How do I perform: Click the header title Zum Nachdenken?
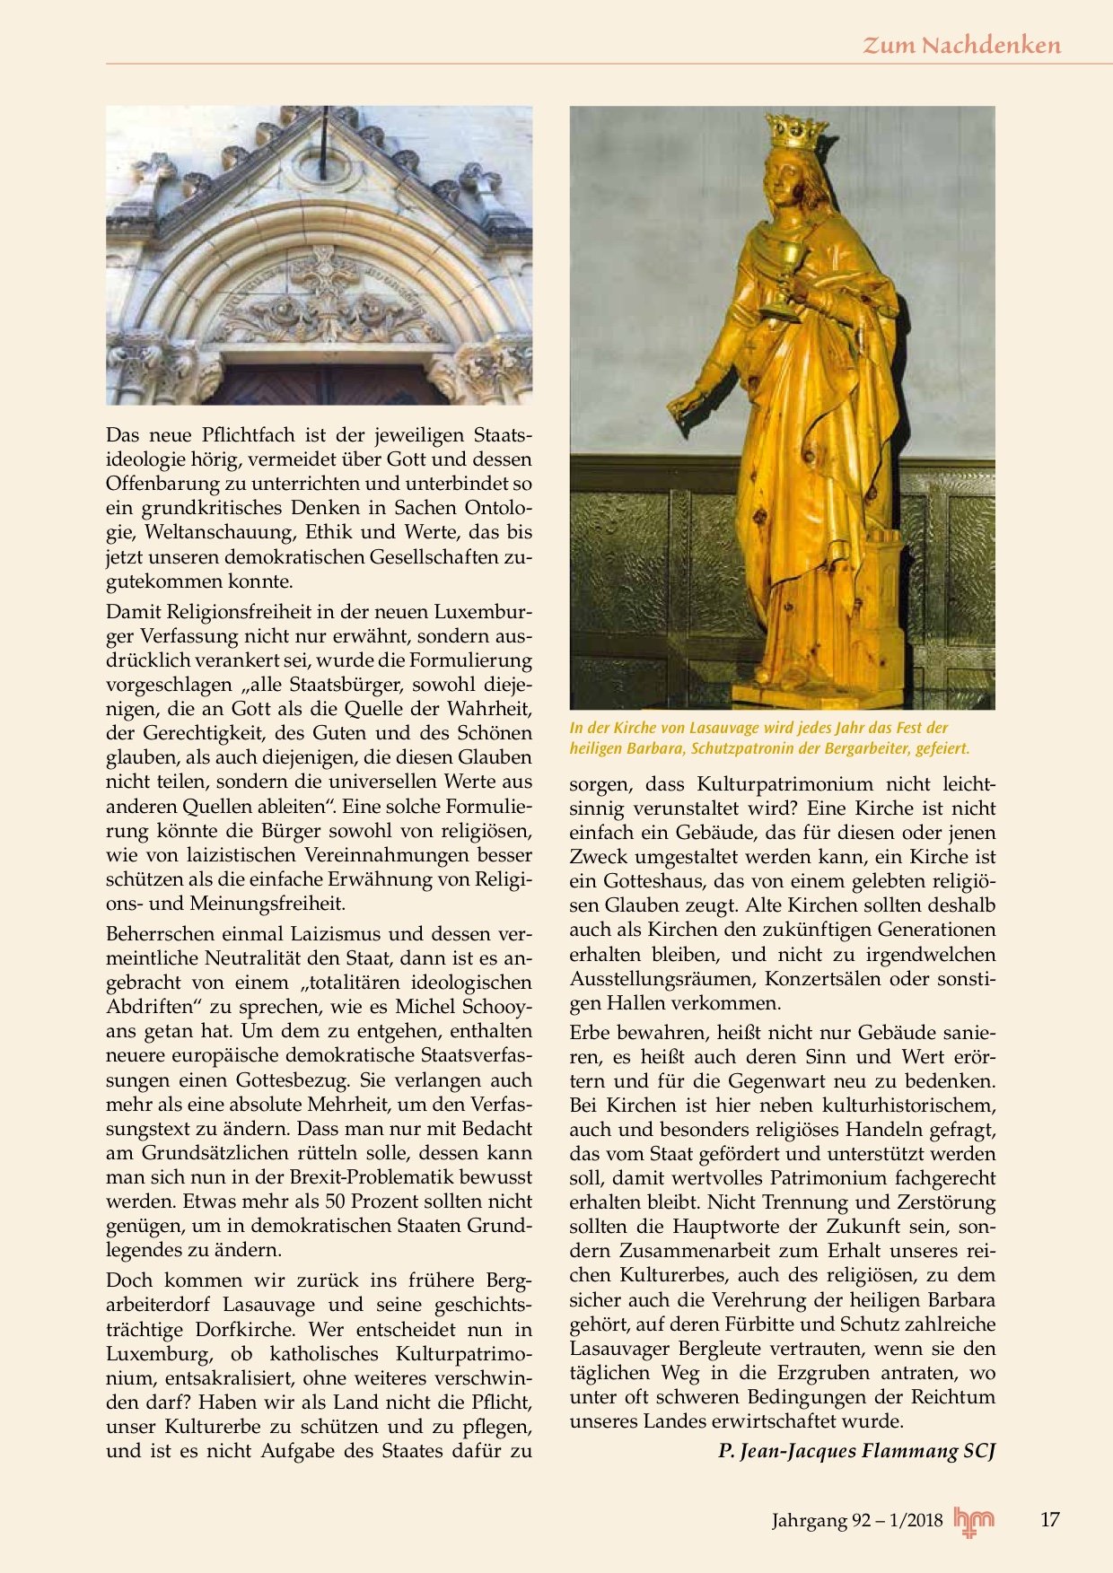[x=961, y=45]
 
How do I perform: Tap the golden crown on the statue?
[x=795, y=133]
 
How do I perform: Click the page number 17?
[x=1049, y=1519]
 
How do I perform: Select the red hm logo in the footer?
[x=974, y=1520]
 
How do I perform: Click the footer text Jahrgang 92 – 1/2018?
[x=857, y=1520]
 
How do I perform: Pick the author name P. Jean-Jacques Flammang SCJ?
[x=857, y=1451]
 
